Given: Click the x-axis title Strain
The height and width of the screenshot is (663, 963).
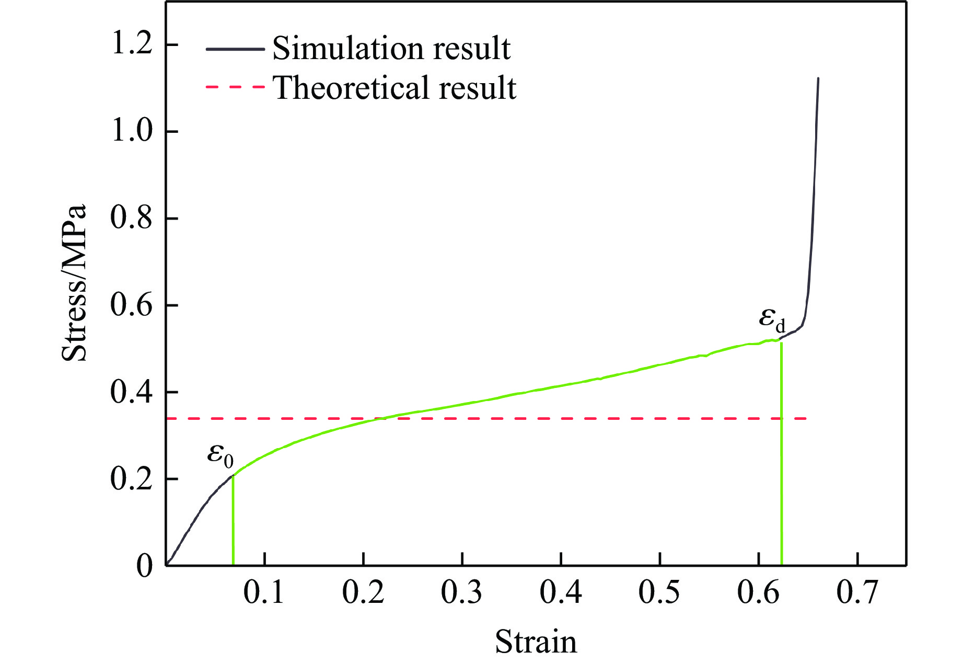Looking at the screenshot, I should click(536, 642).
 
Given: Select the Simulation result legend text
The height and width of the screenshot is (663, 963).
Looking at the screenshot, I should click(391, 49).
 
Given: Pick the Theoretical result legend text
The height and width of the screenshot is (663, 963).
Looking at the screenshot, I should click(395, 87).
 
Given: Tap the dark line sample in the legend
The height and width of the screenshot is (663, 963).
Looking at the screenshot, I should click(235, 49).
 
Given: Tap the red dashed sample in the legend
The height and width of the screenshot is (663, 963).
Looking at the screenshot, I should click(235, 87).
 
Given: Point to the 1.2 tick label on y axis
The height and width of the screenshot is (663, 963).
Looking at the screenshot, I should click(131, 45).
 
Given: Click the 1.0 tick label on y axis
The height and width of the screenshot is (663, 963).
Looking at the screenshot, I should click(131, 132).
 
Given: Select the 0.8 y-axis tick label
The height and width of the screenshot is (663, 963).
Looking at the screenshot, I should click(131, 219).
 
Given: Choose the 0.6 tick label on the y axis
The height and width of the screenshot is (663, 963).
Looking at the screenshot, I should click(131, 305).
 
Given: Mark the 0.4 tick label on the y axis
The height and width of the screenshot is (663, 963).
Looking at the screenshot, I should click(131, 392).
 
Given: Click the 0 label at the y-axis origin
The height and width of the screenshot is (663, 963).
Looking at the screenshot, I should click(144, 566).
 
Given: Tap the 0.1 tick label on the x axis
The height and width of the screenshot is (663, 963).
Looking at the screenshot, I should click(265, 594).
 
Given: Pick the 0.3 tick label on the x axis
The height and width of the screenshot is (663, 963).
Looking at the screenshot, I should click(462, 594).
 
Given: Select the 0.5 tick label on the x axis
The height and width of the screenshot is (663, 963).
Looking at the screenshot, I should click(659, 594).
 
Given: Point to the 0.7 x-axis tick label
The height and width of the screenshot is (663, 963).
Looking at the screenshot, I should click(857, 594).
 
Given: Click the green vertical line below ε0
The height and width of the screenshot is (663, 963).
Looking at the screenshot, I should click(233, 523).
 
